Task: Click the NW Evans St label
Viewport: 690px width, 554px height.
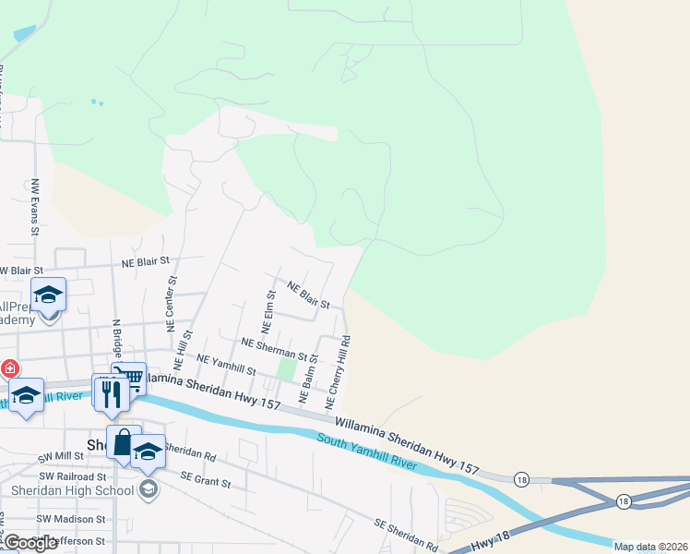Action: (x=34, y=207)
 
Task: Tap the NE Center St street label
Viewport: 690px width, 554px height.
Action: (x=171, y=303)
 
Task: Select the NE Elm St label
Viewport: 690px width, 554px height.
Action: (x=268, y=312)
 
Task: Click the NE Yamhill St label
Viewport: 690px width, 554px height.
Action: (x=226, y=365)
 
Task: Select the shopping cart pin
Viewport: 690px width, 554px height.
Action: (x=130, y=379)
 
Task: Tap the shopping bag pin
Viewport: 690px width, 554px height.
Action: (x=124, y=442)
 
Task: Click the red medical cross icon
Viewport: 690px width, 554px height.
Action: (x=9, y=369)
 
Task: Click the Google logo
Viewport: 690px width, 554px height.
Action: (x=30, y=543)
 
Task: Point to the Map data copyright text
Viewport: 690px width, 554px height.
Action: (x=650, y=547)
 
